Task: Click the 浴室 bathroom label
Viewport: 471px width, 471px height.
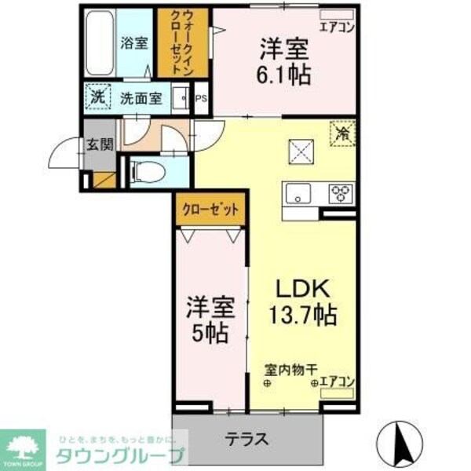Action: point(133,42)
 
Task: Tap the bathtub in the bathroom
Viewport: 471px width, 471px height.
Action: point(99,43)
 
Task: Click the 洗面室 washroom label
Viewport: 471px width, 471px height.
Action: point(141,99)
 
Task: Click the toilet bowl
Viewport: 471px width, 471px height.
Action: point(148,170)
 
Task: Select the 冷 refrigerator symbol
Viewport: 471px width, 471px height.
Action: point(343,133)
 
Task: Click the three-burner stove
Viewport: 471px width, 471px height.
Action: point(339,193)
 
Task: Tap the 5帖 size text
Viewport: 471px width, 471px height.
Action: point(207,333)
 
